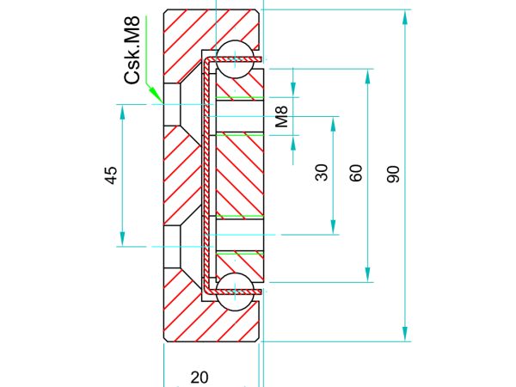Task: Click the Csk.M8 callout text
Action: click(132, 50)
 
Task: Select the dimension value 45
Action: click(111, 175)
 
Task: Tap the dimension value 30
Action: click(322, 173)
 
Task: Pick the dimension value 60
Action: click(356, 173)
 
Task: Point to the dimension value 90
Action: click(393, 175)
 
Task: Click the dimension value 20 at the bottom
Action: click(200, 378)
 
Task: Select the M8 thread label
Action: click(282, 117)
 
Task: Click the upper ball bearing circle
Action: click(235, 59)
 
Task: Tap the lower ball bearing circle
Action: click(235, 292)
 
